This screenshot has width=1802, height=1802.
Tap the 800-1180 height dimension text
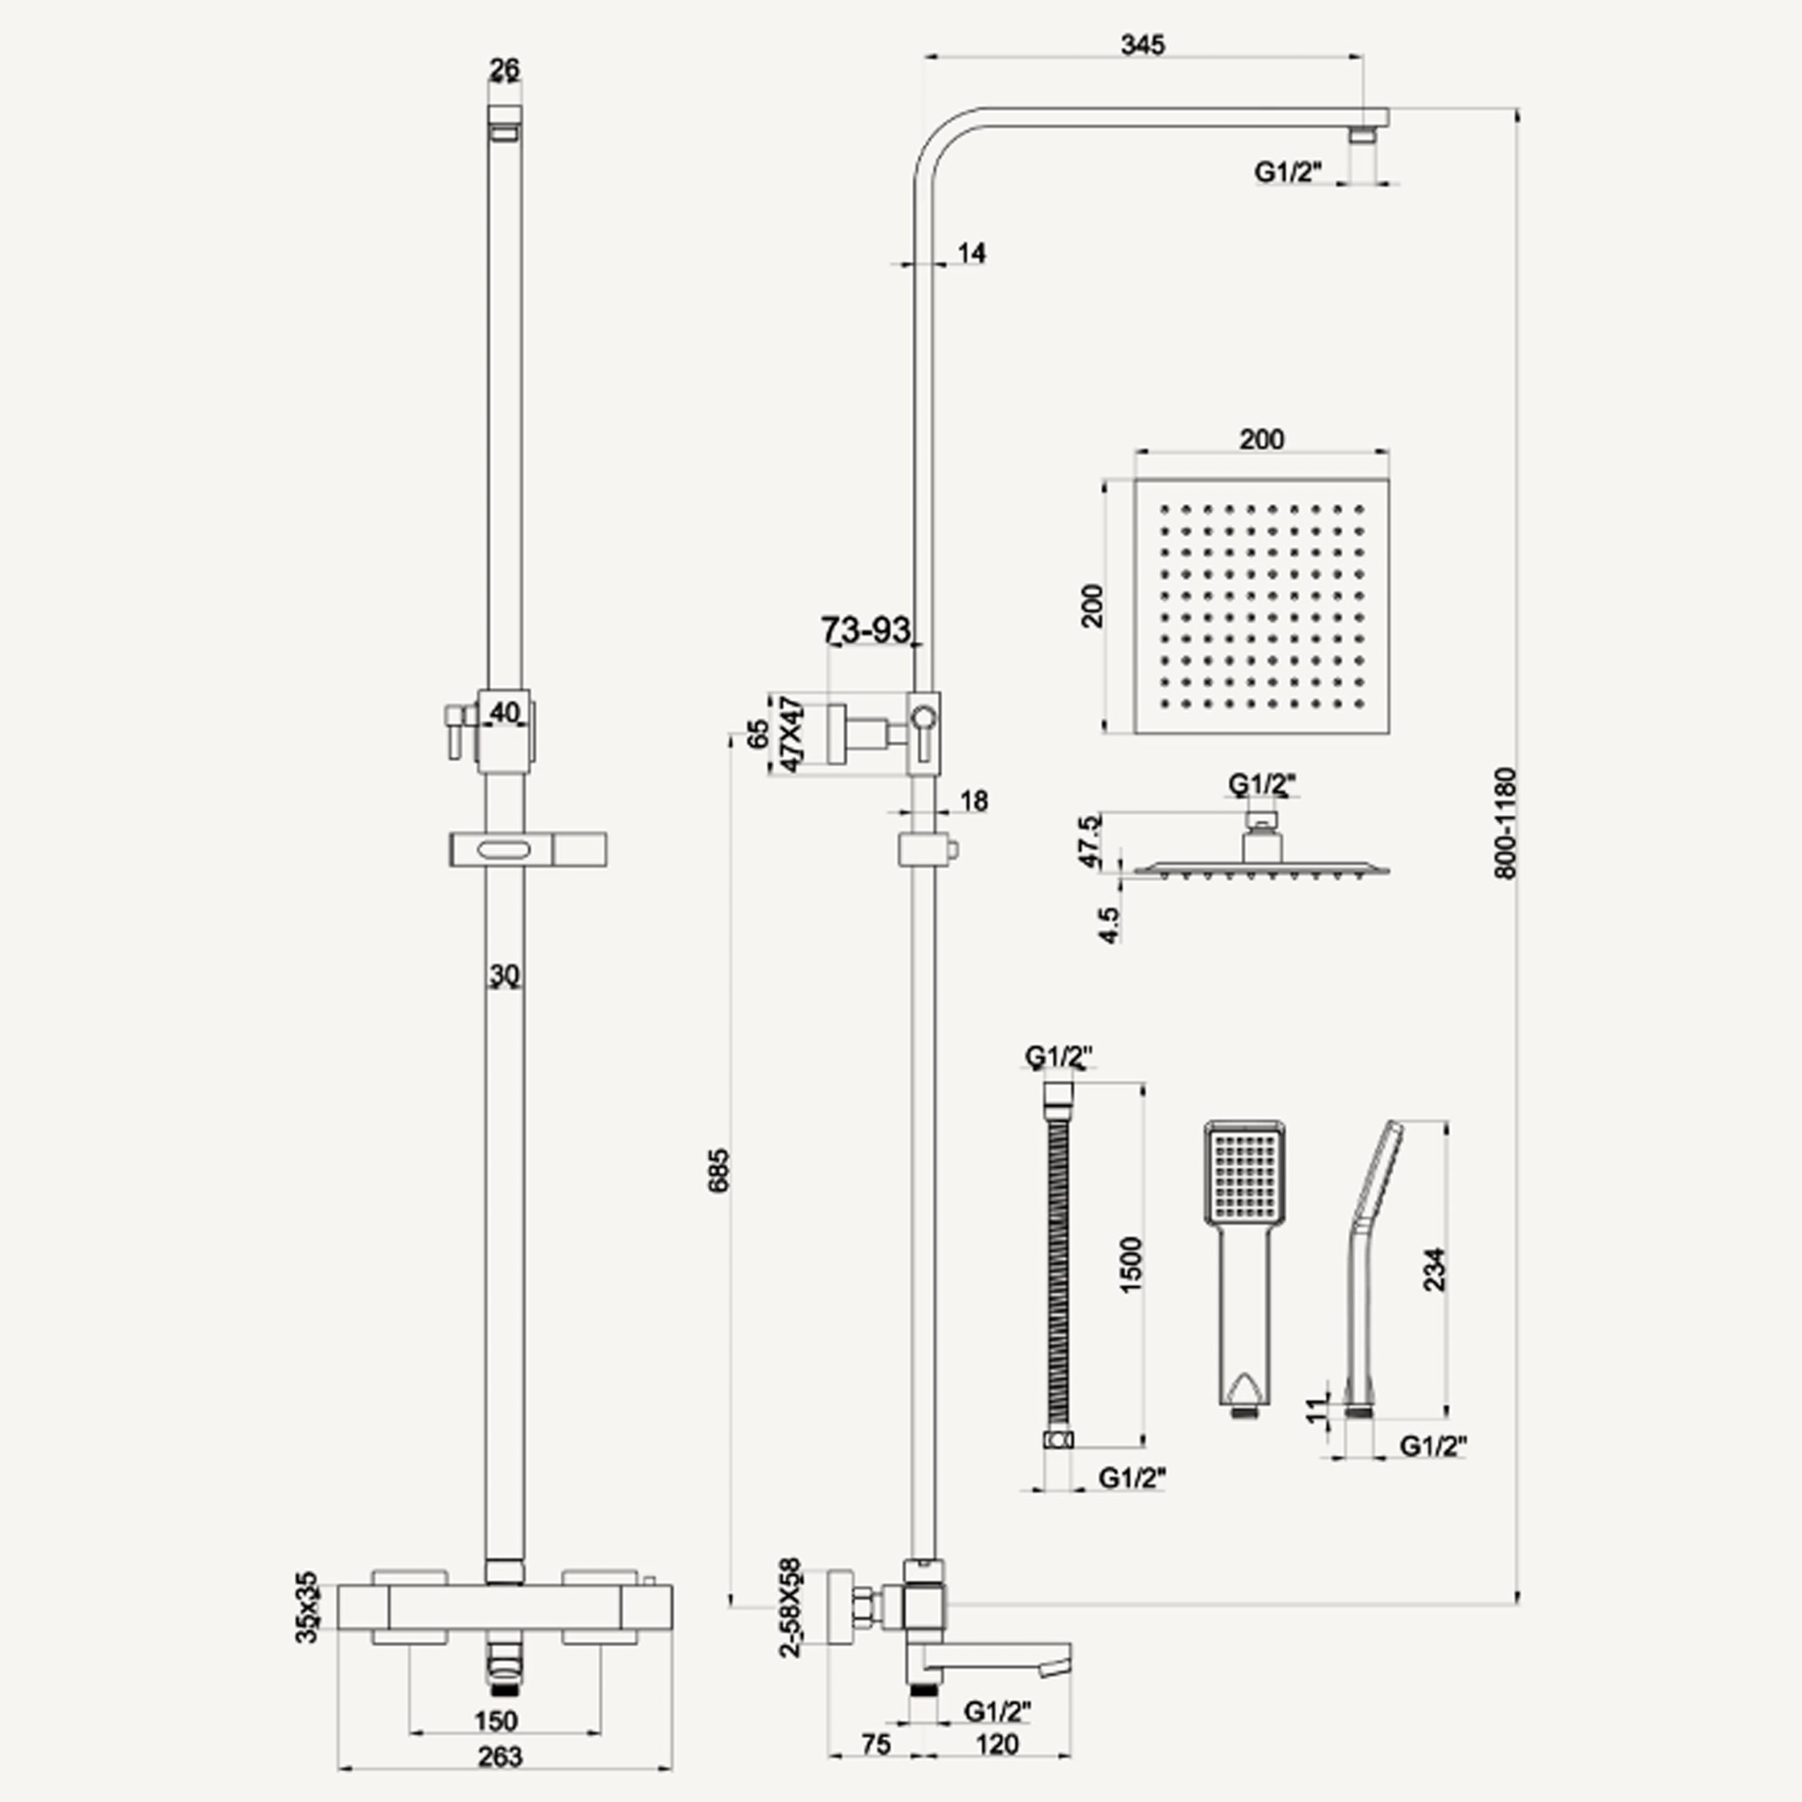(x=1506, y=823)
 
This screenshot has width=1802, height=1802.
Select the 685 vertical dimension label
(x=719, y=1171)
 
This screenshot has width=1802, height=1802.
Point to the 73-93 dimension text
(x=866, y=631)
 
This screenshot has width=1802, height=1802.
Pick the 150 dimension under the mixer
(x=496, y=1720)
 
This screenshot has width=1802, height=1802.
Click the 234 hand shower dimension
(x=1435, y=1269)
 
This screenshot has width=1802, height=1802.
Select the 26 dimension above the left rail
(x=505, y=69)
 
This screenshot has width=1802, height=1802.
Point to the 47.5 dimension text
(x=1090, y=840)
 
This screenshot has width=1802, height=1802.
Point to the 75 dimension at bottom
(x=876, y=1744)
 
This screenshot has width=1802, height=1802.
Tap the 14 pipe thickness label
(x=971, y=253)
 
